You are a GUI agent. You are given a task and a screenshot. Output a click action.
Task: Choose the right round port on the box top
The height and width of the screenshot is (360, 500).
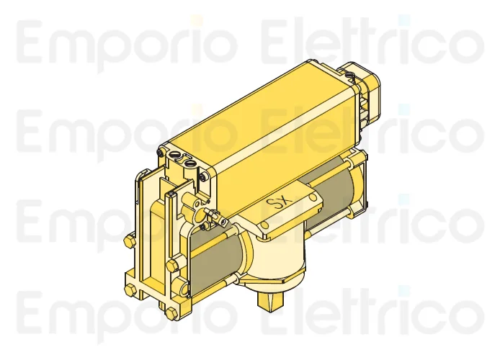point(190,163)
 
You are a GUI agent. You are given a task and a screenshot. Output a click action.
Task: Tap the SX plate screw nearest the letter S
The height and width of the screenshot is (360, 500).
point(266,225)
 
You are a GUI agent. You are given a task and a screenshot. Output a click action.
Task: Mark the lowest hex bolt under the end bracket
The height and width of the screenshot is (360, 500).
point(171,314)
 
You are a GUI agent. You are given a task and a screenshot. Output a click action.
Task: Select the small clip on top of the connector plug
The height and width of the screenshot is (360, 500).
point(350,73)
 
